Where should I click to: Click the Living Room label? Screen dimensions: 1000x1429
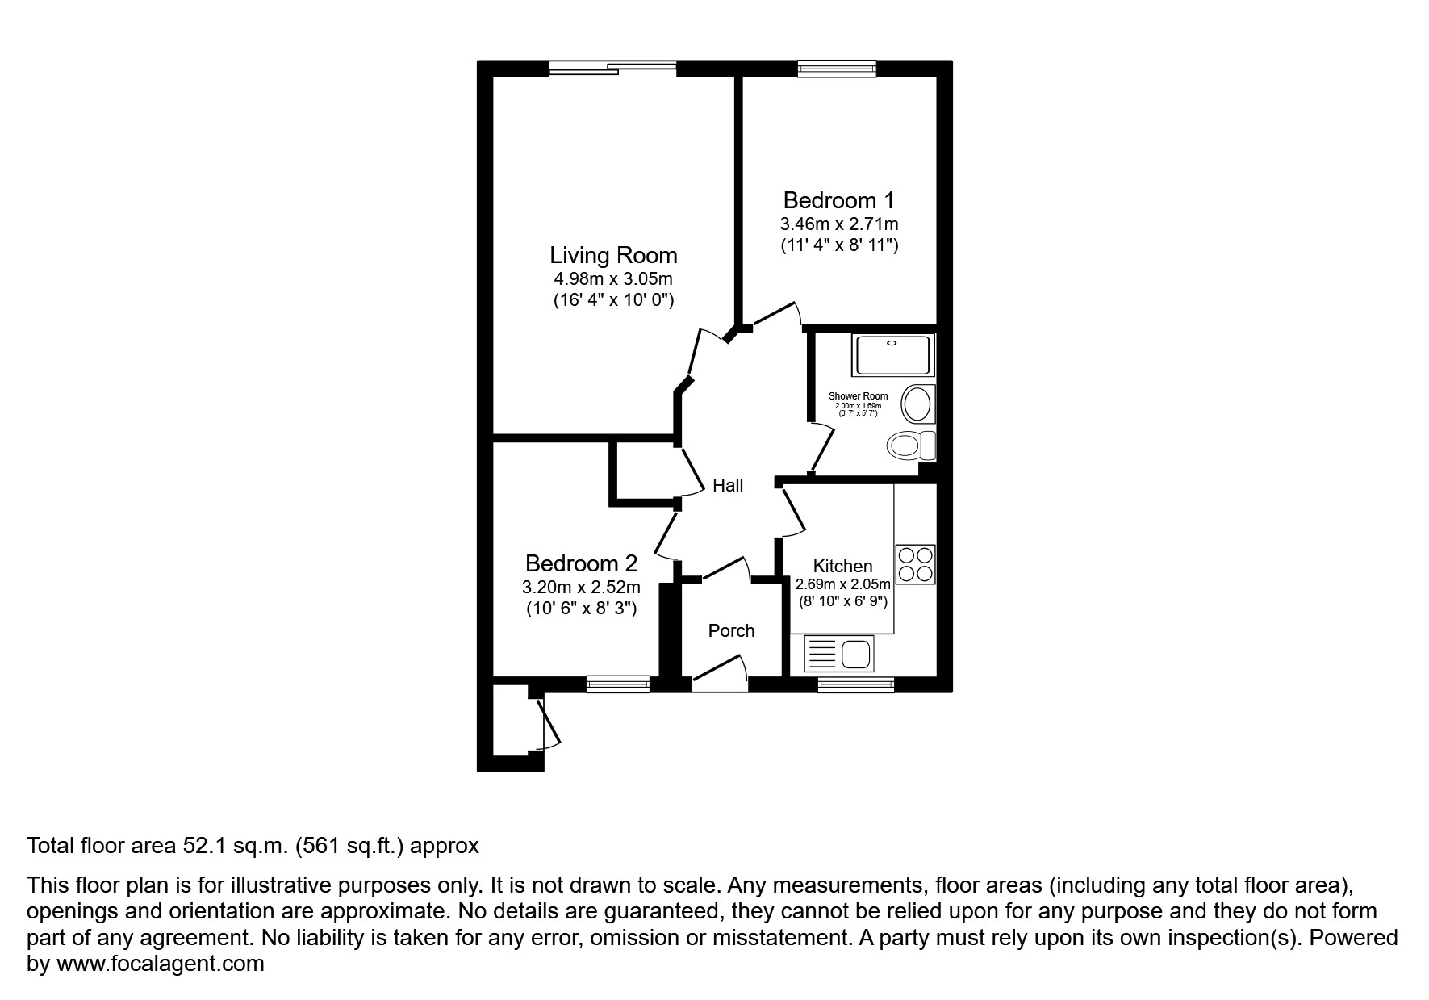613,255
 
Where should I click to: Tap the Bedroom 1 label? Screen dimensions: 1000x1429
838,199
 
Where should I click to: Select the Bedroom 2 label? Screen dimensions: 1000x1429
581,563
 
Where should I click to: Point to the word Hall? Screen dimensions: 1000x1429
727,485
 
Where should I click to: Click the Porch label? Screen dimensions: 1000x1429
731,630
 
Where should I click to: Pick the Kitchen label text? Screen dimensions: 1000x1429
842,566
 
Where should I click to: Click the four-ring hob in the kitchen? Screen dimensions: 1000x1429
916,564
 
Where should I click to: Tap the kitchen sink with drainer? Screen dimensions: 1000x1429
840,653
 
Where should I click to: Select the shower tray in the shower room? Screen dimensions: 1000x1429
892,355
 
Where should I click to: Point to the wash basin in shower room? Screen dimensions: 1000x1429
917,404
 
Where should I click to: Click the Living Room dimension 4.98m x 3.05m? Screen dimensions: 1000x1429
613,279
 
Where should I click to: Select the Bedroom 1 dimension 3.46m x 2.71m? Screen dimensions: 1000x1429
838,224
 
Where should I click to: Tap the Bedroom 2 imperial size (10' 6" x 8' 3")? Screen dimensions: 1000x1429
581,609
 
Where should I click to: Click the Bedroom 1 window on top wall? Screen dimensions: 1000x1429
837,69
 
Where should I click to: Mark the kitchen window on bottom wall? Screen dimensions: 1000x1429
855,684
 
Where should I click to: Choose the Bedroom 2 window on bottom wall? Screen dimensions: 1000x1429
618,684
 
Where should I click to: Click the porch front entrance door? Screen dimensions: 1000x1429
720,674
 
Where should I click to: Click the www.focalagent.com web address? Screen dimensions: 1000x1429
160,963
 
